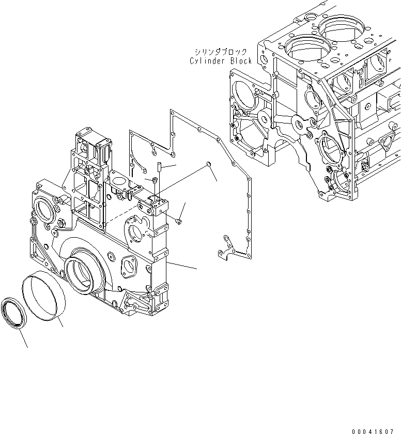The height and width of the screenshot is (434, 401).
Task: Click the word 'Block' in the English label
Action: coord(240,61)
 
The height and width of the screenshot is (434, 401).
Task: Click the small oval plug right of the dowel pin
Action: coord(208,164)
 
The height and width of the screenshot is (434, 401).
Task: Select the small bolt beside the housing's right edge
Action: coord(178,221)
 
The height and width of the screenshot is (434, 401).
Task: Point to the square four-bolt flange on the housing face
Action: coord(128,267)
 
